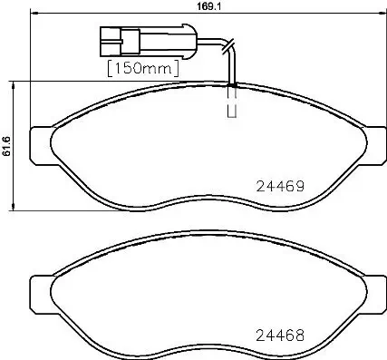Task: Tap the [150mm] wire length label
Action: [x=142, y=67]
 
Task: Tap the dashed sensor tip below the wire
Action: [x=231, y=103]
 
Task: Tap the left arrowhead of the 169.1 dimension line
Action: [x=33, y=13]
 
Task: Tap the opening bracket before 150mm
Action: [x=111, y=67]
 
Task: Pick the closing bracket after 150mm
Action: [x=174, y=67]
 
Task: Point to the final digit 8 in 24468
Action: [x=297, y=333]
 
